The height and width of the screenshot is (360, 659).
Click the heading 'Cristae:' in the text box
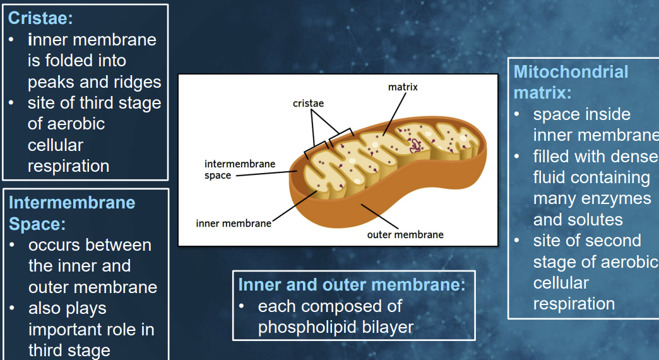tap(40, 18)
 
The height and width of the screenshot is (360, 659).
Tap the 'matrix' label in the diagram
tap(403, 87)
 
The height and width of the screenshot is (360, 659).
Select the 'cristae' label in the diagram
tap(308, 103)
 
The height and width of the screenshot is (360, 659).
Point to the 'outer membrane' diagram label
tap(405, 235)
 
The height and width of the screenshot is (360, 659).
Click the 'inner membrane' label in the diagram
tap(234, 224)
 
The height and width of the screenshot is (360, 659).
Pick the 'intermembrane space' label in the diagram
tap(240, 169)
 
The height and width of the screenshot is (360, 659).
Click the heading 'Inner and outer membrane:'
tap(352, 285)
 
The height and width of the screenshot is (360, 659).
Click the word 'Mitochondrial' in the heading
tap(571, 71)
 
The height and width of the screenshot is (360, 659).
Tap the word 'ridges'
tap(137, 83)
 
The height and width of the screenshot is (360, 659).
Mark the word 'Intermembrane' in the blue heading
tap(72, 203)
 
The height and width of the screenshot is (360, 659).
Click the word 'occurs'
tap(54, 246)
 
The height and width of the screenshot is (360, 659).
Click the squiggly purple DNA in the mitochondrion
tap(415, 145)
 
